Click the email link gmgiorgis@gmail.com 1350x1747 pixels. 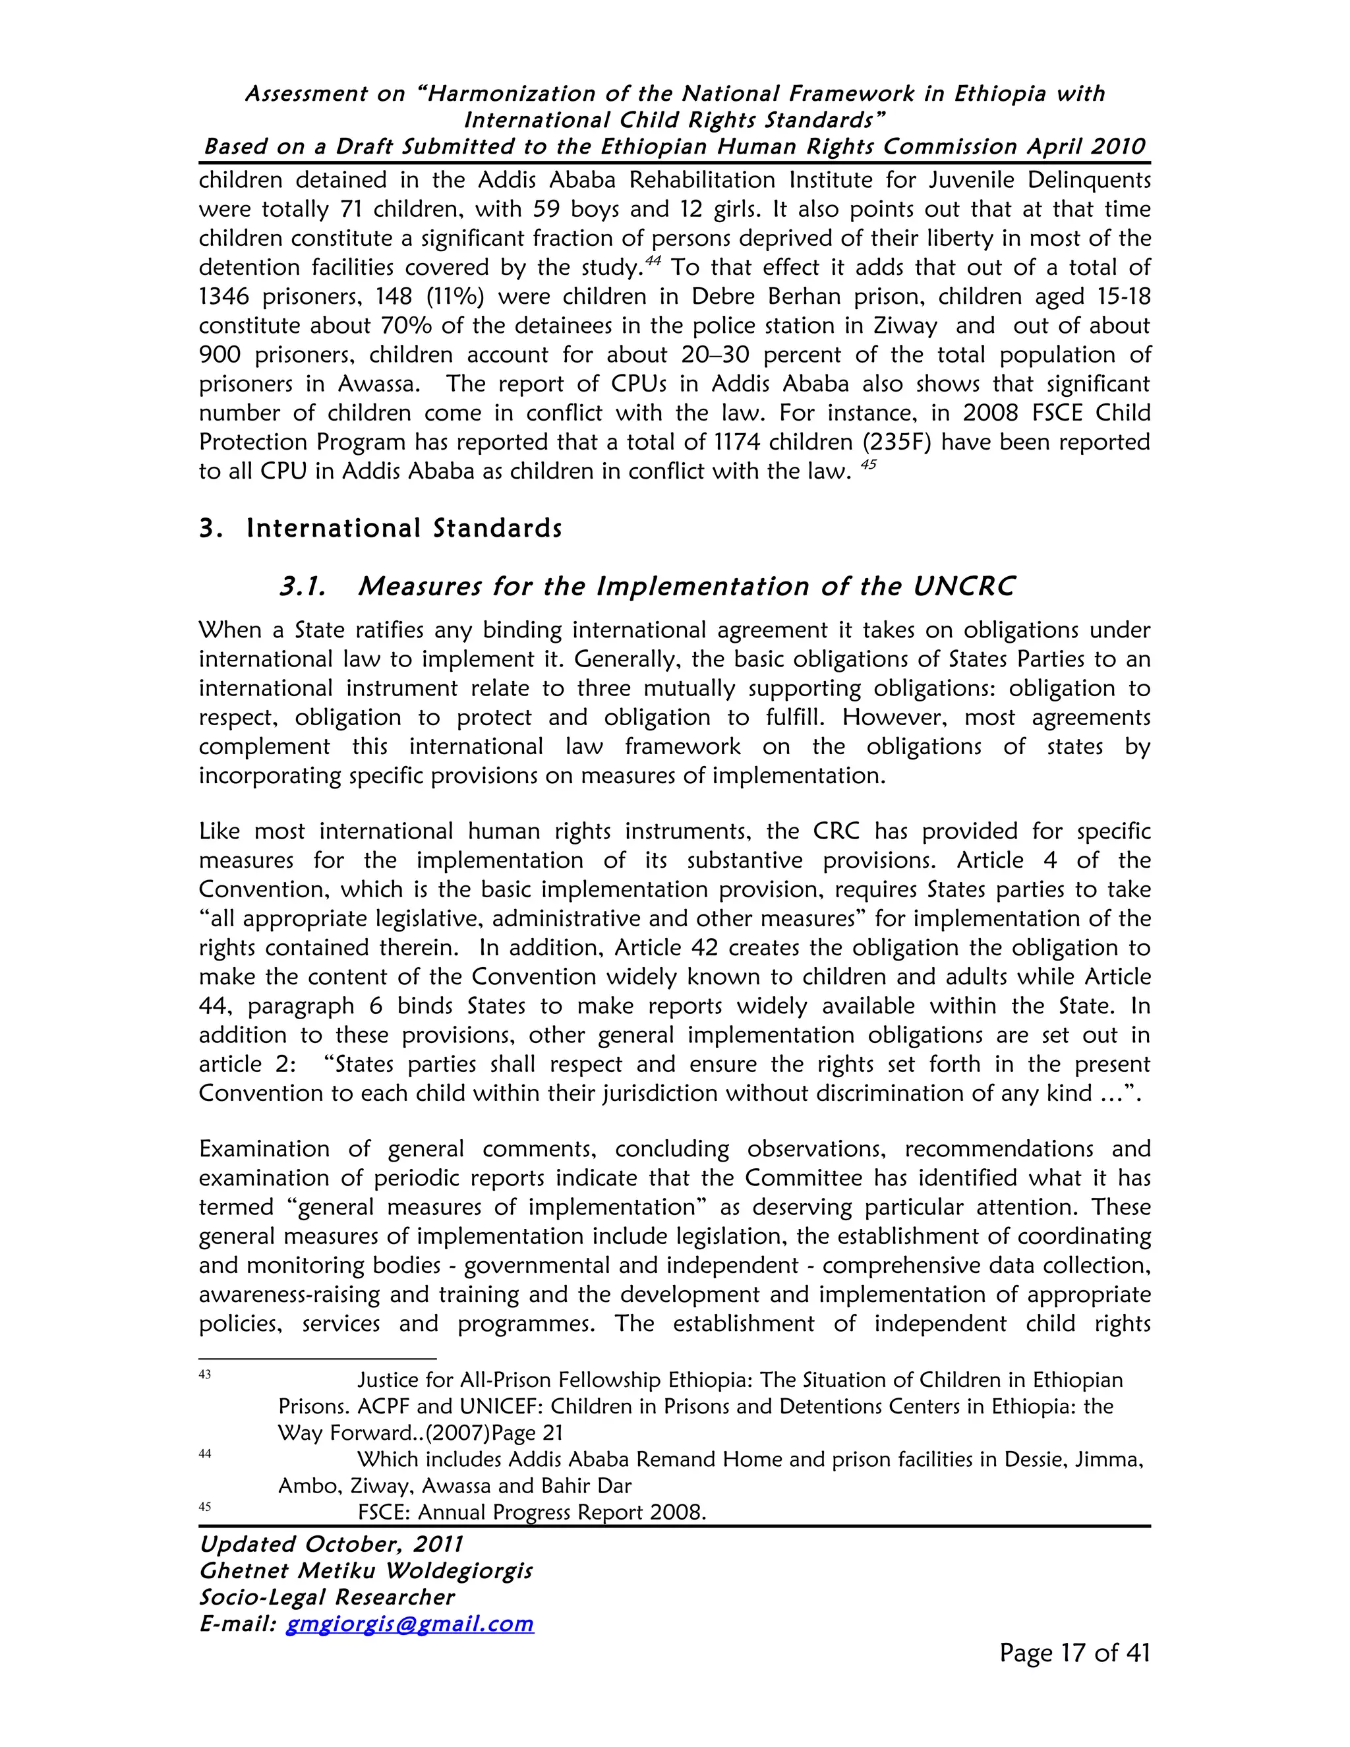409,1624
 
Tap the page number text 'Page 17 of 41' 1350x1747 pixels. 1074,1653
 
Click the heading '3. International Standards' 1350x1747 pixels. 381,529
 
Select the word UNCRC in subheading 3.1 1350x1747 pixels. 964,587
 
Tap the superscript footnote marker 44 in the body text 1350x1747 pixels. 653,261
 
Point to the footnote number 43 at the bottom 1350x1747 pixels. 205,1375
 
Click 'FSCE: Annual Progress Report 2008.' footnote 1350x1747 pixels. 532,1512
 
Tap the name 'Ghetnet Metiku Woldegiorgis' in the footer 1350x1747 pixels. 365,1571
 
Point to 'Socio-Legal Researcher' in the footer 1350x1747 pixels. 326,1597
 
